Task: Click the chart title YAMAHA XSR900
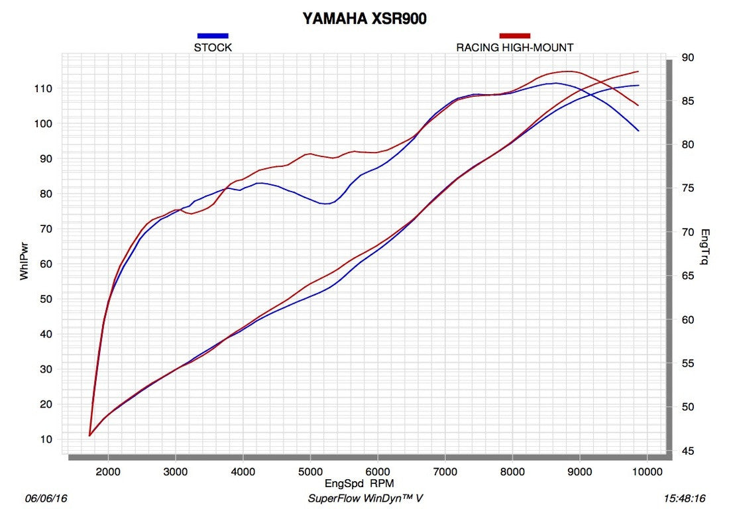click(x=364, y=19)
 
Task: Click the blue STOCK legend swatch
click(x=213, y=36)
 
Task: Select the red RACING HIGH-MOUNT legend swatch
click(x=514, y=36)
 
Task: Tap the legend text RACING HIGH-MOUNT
click(x=514, y=48)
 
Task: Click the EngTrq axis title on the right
click(x=704, y=247)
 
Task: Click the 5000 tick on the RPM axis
click(x=310, y=471)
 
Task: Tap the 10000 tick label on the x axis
click(x=647, y=471)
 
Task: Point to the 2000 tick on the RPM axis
click(x=108, y=471)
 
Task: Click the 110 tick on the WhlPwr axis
click(x=52, y=89)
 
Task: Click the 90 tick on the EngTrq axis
click(x=687, y=58)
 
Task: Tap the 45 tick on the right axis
click(x=687, y=451)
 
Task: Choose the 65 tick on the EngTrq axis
click(x=687, y=276)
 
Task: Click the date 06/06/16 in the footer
click(x=42, y=498)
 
